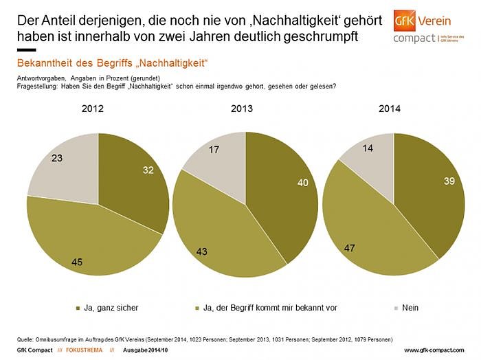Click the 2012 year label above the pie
point(93,109)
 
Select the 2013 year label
point(241,109)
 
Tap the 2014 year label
point(389,109)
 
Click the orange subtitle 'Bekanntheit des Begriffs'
point(112,63)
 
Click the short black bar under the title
point(25,50)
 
